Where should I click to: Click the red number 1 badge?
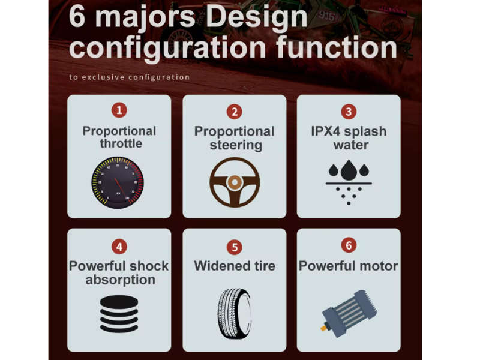point(119,110)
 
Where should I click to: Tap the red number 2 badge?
point(235,112)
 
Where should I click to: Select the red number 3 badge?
point(349,112)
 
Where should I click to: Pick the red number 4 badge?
point(119,247)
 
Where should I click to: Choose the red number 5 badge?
point(235,247)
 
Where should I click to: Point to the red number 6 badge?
point(349,245)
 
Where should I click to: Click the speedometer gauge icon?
point(118,183)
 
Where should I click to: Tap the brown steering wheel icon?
point(235,182)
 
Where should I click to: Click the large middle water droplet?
point(349,170)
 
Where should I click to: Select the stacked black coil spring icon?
point(119,314)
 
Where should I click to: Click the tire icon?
point(235,313)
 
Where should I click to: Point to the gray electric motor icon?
point(349,314)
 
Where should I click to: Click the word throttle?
point(121,143)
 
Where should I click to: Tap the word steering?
point(236,145)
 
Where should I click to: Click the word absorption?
point(121,280)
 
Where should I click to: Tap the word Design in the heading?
point(257,17)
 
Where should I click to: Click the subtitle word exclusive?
point(103,77)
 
